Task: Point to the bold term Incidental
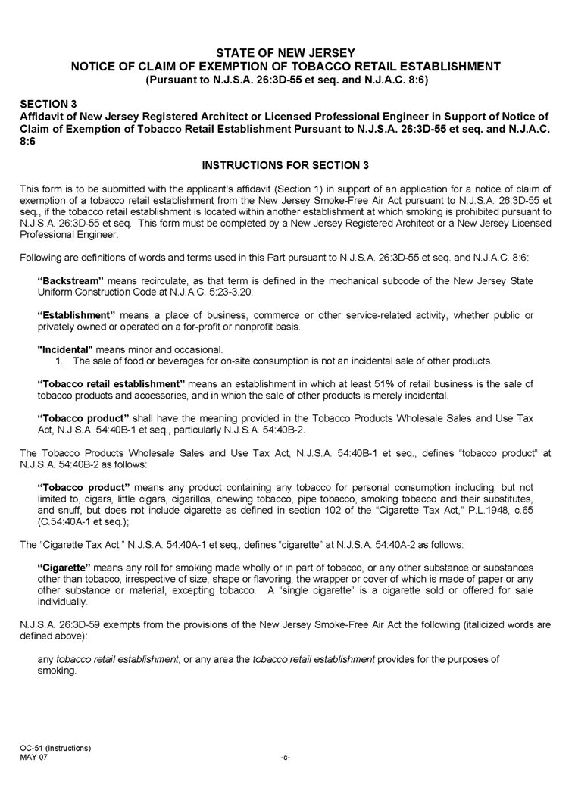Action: pyautogui.click(x=65, y=349)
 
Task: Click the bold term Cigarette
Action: pyautogui.click(x=64, y=568)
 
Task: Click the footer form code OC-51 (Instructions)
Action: pyautogui.click(x=56, y=748)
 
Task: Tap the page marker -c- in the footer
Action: pyautogui.click(x=286, y=758)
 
